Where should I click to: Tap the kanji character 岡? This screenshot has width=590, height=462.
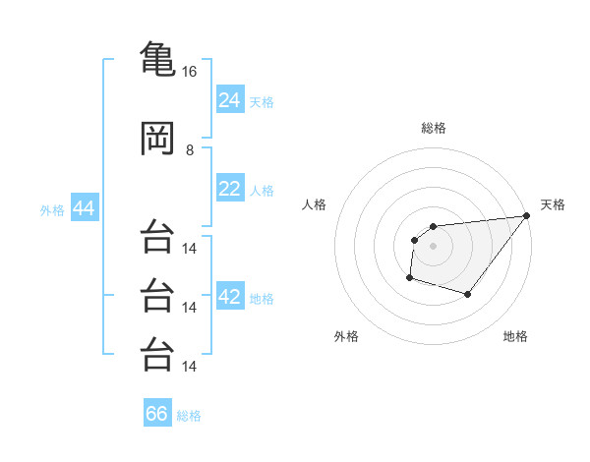156,140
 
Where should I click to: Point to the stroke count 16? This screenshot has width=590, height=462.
190,72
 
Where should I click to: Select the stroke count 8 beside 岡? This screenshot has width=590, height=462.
190,150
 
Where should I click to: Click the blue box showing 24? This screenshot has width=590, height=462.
230,100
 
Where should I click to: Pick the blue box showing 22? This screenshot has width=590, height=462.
230,189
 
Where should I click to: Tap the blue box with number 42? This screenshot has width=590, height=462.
230,298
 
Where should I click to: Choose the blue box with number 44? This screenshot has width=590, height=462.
84,208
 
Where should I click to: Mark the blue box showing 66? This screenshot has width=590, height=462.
157,414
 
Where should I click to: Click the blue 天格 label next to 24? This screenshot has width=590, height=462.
262,101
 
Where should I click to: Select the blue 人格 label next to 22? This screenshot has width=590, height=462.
262,190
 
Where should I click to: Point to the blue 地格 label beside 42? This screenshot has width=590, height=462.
262,299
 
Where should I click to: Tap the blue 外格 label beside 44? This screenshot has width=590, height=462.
52,209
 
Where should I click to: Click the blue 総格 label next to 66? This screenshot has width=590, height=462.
189,415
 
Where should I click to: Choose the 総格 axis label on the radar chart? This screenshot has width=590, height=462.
433,128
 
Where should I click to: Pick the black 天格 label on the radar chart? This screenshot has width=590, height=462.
553,204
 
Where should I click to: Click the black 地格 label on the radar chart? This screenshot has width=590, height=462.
515,336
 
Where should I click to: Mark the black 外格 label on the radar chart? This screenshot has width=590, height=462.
346,336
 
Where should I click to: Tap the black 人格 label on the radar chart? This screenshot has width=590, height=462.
315,204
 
